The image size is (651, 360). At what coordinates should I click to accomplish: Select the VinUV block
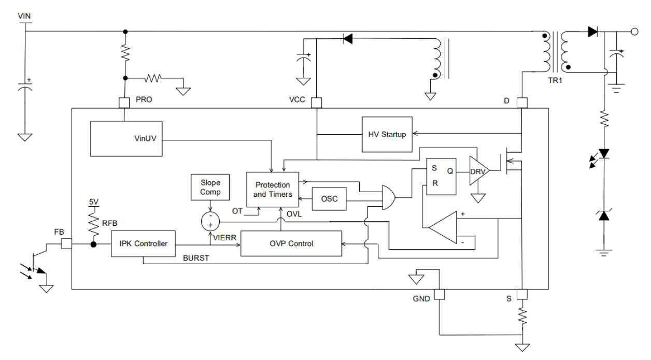tap(126, 138)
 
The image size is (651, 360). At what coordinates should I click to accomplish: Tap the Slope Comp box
tap(210, 188)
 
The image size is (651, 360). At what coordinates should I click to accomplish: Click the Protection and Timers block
tap(273, 189)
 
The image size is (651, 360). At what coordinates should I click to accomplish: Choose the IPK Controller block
tap(143, 243)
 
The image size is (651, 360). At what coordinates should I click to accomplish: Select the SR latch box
tap(441, 176)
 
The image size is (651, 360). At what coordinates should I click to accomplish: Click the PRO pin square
tap(124, 103)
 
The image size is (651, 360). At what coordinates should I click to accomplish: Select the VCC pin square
tap(316, 103)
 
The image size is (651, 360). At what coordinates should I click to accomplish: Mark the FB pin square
tap(67, 243)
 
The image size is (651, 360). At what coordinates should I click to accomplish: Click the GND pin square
tap(439, 294)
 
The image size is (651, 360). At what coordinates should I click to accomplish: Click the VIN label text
tap(25, 16)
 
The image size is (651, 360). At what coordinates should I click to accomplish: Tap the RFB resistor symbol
tap(94, 223)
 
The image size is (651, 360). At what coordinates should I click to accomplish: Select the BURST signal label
tap(196, 257)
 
